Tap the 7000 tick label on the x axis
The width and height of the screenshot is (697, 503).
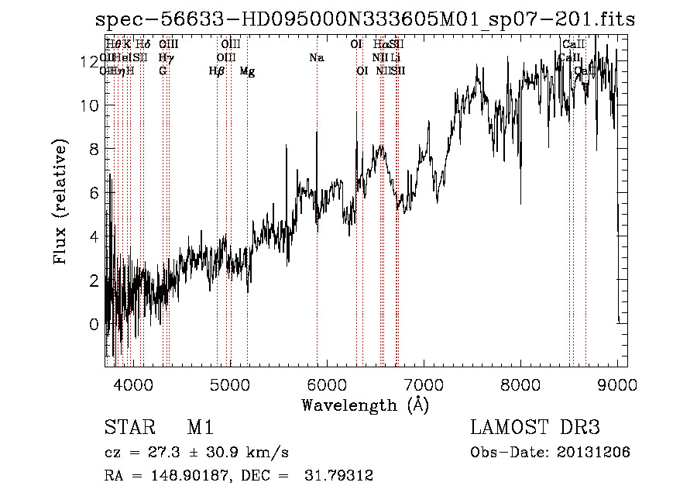424,384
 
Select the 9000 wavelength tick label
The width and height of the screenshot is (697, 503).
617,384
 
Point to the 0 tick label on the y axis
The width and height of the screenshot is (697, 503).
94,324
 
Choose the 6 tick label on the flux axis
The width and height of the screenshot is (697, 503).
94,193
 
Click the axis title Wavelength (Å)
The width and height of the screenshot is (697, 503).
365,405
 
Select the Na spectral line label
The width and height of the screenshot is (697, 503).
316,58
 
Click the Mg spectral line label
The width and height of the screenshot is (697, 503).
247,71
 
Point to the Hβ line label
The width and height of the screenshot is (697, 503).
217,71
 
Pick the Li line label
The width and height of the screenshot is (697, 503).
395,58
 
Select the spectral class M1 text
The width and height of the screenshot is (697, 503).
200,429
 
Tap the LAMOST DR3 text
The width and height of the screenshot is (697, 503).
535,429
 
